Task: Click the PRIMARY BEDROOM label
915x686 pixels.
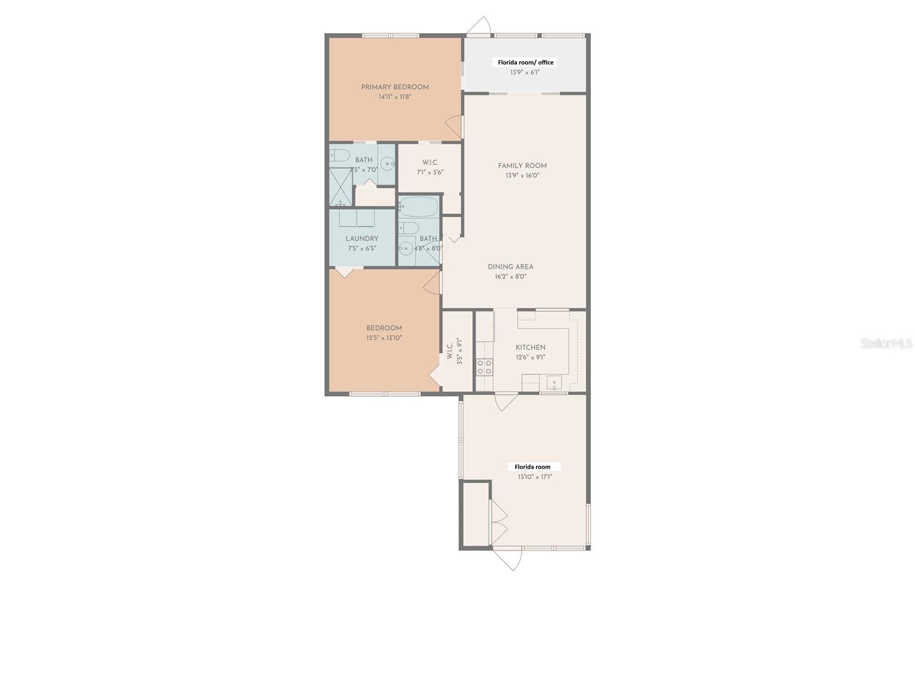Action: (395, 87)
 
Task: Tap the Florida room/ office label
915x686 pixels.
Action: (525, 62)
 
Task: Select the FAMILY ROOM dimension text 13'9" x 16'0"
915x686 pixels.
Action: (522, 176)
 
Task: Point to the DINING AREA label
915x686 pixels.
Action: (510, 267)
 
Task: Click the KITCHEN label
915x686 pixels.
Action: (530, 348)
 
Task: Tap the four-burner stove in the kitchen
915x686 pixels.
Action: (484, 367)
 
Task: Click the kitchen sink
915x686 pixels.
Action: (554, 382)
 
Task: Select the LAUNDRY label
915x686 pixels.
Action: (361, 239)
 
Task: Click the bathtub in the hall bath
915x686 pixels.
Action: (418, 206)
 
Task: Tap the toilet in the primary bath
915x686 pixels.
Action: (340, 155)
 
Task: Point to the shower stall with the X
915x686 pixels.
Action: (341, 187)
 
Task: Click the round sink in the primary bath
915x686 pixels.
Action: (388, 164)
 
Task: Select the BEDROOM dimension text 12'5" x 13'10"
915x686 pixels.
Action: (384, 338)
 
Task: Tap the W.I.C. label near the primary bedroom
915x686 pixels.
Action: (430, 163)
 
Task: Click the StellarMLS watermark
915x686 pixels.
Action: (886, 344)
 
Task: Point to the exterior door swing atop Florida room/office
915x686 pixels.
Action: (479, 26)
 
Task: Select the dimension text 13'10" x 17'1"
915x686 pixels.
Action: (535, 477)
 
